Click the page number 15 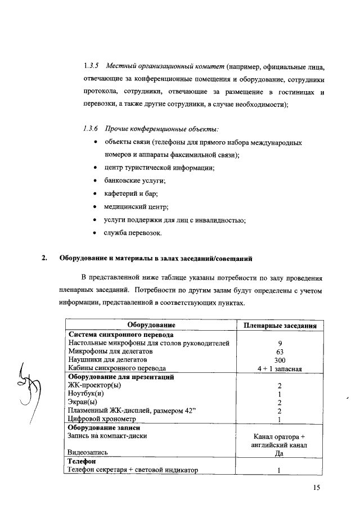tap(317, 488)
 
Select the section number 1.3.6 tap(91, 129)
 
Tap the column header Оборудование tap(151, 325)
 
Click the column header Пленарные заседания tap(280, 326)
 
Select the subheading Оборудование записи tap(104, 427)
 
